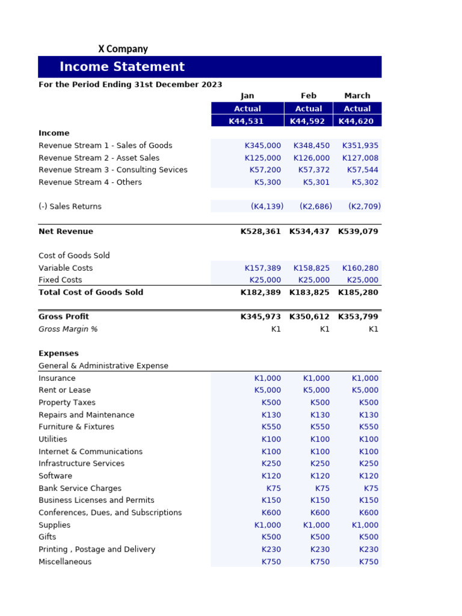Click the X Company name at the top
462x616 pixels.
tap(123, 49)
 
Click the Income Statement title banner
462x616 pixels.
tap(122, 67)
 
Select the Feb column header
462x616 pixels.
tap(308, 96)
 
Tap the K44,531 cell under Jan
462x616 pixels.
tap(247, 121)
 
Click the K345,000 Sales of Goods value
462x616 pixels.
tap(262, 146)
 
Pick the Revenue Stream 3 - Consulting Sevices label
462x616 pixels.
tap(113, 170)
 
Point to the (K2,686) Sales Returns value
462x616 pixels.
tap(315, 206)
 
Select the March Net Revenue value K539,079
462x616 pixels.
tap(358, 232)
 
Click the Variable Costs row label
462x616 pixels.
tap(66, 268)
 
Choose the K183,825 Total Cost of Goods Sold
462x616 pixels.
tap(309, 292)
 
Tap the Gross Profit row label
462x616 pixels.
tap(64, 316)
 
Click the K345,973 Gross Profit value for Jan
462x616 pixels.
tap(260, 316)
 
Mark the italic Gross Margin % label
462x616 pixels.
tap(68, 329)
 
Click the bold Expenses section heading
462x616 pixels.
tap(58, 354)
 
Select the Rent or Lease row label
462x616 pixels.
tap(65, 390)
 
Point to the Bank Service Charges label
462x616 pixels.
tap(80, 488)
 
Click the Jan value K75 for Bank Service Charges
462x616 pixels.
tap(273, 488)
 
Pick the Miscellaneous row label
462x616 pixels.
tap(65, 562)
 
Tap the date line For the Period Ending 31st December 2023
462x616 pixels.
tap(131, 85)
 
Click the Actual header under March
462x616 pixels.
tap(357, 109)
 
